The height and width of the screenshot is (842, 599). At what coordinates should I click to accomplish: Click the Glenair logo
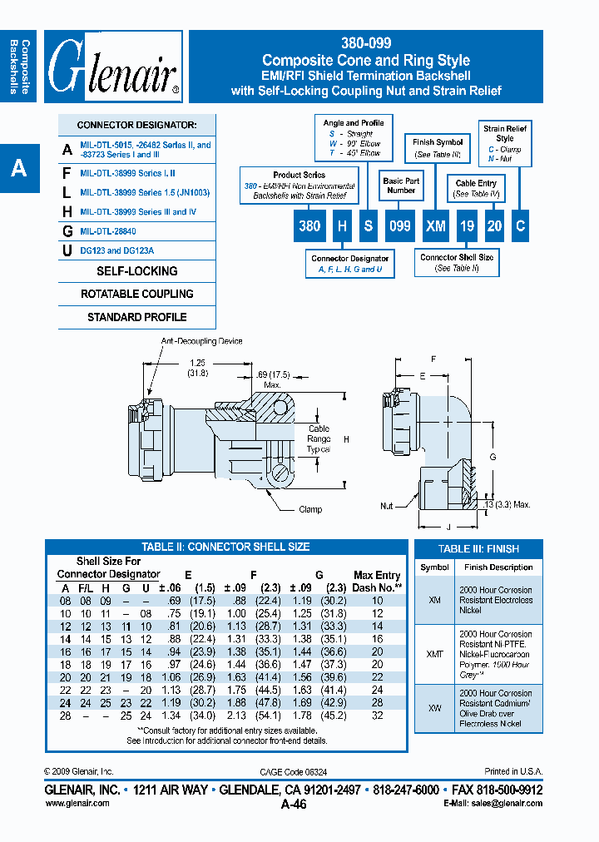point(113,67)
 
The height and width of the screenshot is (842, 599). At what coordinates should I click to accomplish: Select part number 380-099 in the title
point(365,43)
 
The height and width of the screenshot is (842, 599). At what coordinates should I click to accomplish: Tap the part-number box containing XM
point(436,225)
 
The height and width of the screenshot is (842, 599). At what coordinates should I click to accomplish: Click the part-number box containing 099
point(400,225)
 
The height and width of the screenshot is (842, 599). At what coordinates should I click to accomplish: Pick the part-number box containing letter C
point(519,225)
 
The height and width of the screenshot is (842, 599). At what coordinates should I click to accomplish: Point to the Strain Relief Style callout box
point(505,143)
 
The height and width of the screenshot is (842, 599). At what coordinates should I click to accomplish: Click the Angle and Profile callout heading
point(354,123)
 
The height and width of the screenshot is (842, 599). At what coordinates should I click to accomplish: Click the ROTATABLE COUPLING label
point(137,294)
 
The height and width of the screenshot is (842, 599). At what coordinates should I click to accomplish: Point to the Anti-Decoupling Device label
point(202,341)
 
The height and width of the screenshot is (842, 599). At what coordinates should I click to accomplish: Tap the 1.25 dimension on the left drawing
point(197,363)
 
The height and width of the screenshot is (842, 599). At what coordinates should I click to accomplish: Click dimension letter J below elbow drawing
point(448,526)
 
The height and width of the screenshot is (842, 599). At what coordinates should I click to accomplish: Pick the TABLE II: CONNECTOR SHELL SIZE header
point(225,547)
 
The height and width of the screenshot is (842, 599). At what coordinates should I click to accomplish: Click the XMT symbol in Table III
point(434,655)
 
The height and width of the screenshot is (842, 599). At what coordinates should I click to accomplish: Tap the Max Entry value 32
point(377,715)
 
